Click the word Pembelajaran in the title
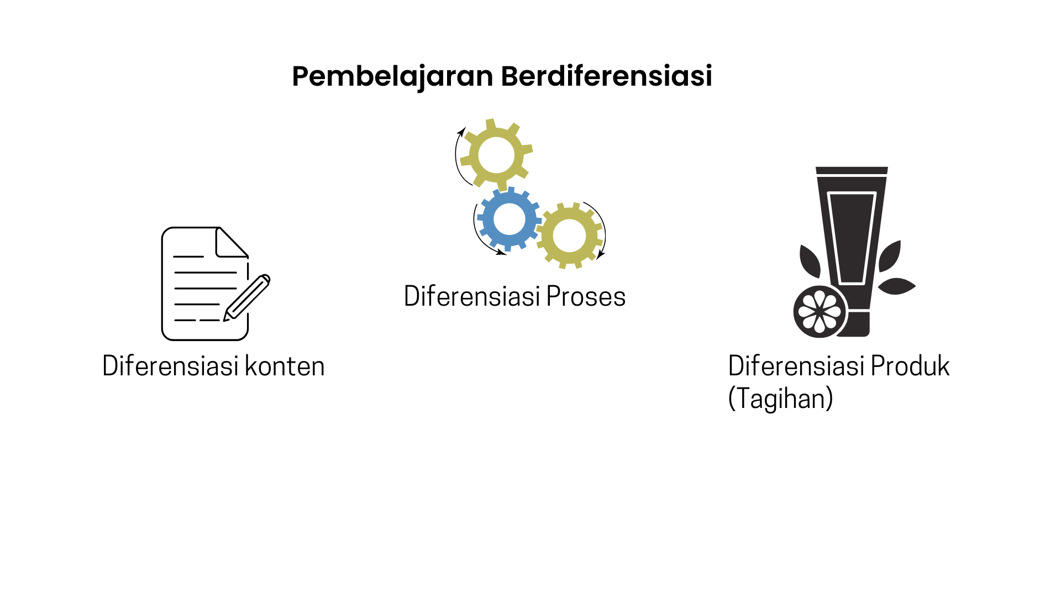[x=392, y=77]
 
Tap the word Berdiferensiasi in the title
[x=607, y=76]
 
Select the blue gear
[x=509, y=219]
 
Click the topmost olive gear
[x=496, y=155]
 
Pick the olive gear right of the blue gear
[x=569, y=235]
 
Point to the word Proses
[x=586, y=296]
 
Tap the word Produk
[x=910, y=366]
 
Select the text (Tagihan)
[x=780, y=399]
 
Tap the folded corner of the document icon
[x=232, y=243]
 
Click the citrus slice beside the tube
[x=820, y=312]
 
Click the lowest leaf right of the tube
[x=897, y=286]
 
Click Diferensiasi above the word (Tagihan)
[x=796, y=366]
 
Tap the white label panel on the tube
[x=852, y=238]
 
